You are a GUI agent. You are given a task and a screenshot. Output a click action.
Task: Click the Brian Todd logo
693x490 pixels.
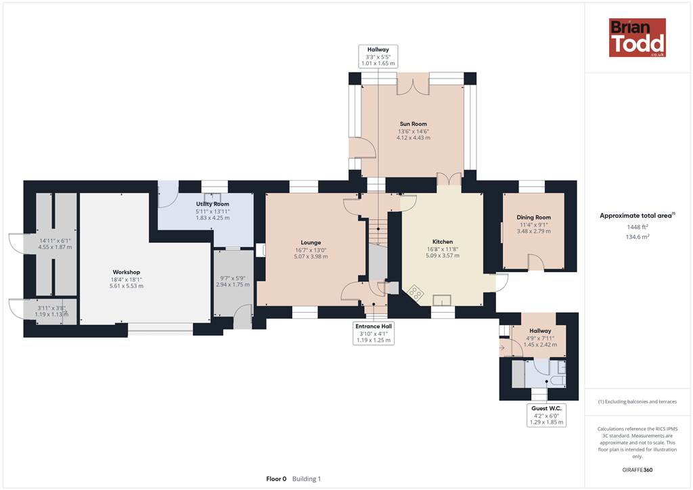(x=638, y=37)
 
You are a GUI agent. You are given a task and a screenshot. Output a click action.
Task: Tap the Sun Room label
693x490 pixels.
(x=413, y=124)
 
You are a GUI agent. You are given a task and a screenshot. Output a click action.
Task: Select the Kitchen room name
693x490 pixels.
(x=443, y=242)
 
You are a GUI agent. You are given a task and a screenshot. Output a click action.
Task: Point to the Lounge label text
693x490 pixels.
(x=311, y=242)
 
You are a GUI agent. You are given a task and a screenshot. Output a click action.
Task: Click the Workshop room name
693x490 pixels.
(x=127, y=272)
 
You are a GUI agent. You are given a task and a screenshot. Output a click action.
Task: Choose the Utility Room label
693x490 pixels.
(x=213, y=204)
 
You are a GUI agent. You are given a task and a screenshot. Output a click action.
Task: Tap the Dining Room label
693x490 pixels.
(x=533, y=217)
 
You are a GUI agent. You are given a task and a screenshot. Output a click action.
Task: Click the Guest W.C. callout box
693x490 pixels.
(x=546, y=416)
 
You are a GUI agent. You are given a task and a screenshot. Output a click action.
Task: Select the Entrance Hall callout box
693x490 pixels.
(x=374, y=333)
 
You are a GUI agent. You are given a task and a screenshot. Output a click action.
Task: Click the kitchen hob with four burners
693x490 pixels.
(x=415, y=293)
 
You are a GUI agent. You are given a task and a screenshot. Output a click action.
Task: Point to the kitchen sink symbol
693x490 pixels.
(x=441, y=300)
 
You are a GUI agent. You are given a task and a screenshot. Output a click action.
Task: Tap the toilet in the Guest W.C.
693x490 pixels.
(x=558, y=380)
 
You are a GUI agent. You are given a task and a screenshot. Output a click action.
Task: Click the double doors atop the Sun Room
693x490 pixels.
(x=413, y=84)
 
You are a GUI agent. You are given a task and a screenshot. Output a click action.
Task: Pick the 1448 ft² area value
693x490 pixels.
(x=637, y=227)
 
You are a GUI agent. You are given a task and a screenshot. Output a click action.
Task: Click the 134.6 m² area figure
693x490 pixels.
(x=637, y=237)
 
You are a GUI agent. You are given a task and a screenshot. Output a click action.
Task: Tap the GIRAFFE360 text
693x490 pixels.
(x=637, y=470)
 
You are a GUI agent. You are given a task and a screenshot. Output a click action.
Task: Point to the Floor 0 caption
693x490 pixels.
(x=276, y=478)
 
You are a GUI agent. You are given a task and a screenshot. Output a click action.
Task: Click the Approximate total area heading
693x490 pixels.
(x=637, y=216)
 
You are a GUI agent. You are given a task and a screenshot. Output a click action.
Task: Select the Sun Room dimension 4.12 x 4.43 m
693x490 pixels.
(x=413, y=138)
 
